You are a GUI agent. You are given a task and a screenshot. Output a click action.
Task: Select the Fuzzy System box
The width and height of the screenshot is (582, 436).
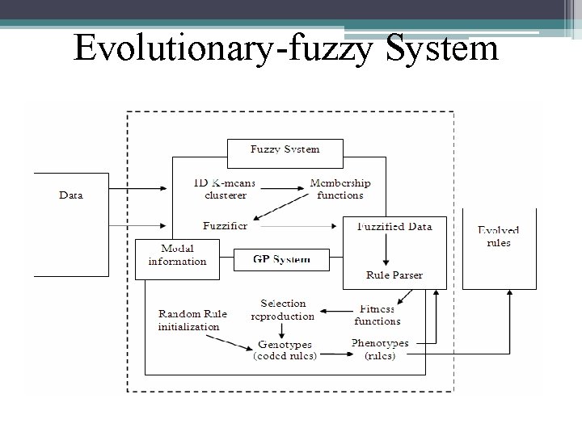pos(285,149)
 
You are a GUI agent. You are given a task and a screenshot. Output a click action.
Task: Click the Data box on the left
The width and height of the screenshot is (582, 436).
pos(70,195)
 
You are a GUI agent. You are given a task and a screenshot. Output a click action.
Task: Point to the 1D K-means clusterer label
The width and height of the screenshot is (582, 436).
pos(225,189)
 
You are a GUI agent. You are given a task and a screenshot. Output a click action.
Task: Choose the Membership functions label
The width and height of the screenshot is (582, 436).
pos(340,189)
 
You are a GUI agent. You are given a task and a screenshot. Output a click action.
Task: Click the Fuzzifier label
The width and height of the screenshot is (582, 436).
pos(226,225)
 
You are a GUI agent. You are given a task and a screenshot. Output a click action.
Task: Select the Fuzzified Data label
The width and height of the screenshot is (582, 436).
pos(394,226)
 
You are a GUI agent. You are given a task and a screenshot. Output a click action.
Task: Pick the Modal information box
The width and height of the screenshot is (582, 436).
pos(177,255)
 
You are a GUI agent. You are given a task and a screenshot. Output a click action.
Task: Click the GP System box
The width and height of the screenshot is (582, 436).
pos(281,260)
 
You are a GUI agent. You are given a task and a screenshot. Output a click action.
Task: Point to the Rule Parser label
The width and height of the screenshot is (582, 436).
pos(394,275)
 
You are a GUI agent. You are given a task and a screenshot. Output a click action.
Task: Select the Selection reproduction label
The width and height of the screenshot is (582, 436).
pos(283,309)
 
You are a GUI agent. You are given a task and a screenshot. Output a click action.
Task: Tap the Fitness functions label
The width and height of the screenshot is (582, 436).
pos(377,315)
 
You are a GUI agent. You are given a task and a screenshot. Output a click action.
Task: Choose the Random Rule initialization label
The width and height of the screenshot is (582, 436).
pos(192,320)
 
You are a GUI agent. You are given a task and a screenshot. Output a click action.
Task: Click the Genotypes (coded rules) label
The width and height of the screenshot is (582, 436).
pos(285,350)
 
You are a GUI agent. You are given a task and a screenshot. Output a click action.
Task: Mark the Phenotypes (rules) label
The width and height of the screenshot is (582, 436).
pos(380,349)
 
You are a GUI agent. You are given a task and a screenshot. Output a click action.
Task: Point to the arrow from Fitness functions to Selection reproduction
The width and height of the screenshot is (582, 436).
pos(335,308)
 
